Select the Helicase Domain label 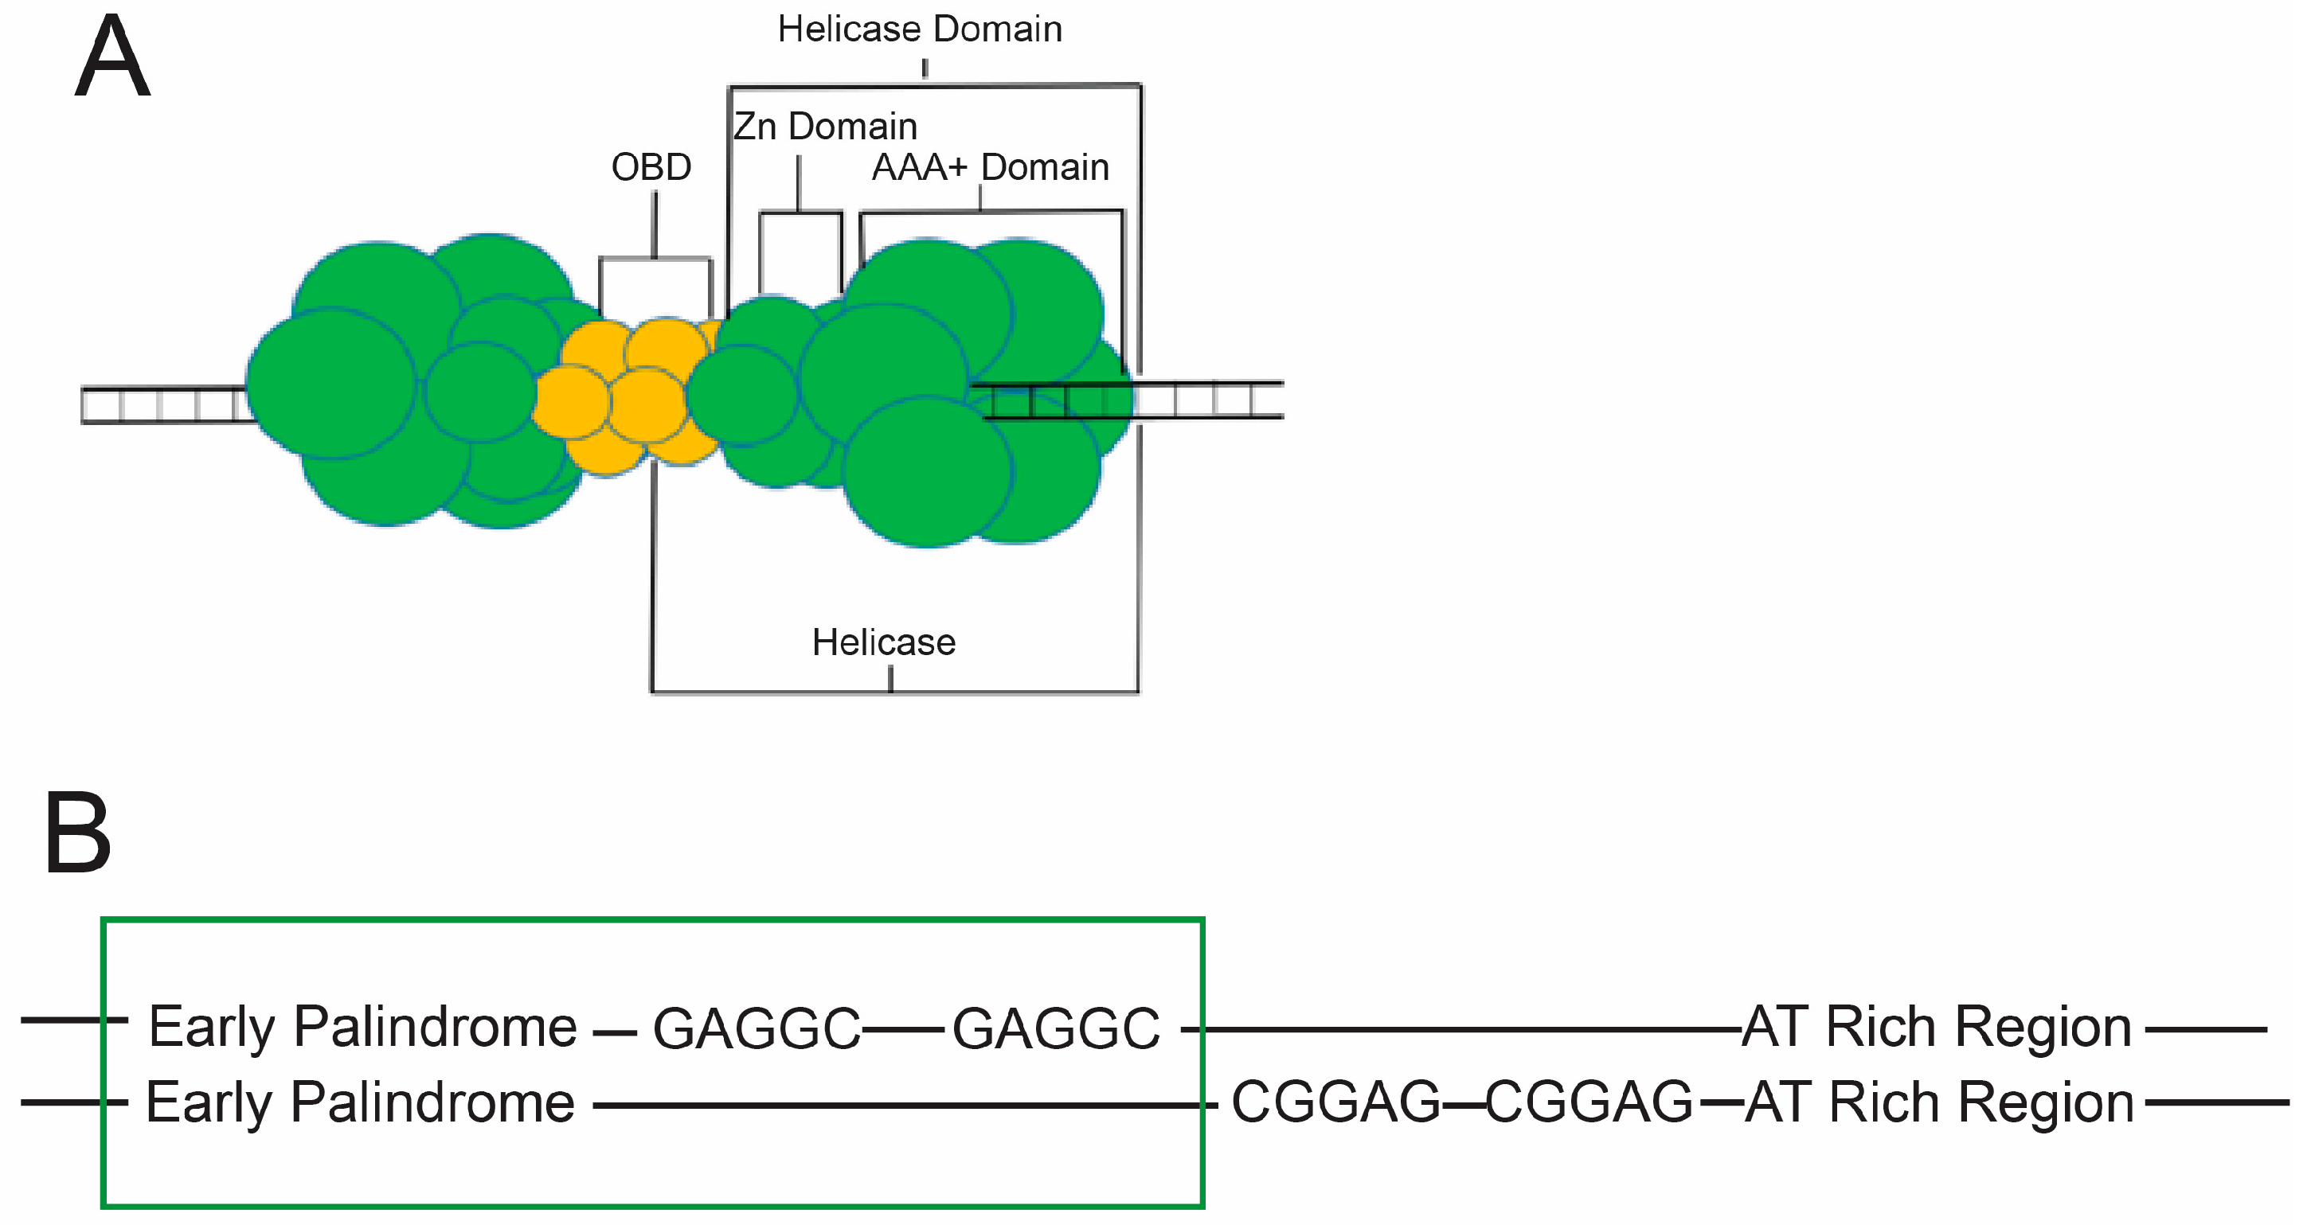pos(920,29)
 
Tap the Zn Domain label pos(825,127)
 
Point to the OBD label pos(651,167)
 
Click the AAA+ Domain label pos(990,167)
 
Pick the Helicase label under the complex pos(883,642)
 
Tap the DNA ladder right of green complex pos(1209,400)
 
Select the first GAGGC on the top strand pos(756,1028)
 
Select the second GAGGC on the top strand pos(1055,1028)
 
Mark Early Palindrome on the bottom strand pos(360,1102)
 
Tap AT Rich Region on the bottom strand pos(1940,1102)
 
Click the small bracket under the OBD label pos(655,259)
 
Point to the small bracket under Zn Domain pos(800,213)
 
